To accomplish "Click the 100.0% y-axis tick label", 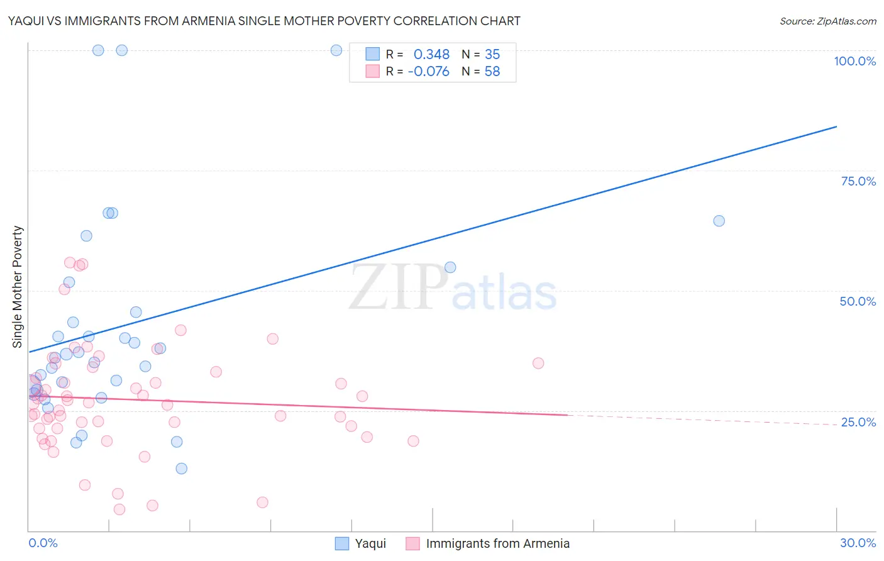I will click(x=854, y=61).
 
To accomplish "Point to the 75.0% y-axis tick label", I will click(x=858, y=181).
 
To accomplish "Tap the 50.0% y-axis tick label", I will click(x=858, y=301).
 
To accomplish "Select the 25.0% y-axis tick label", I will click(x=858, y=422).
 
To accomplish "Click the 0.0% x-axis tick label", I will click(x=43, y=543).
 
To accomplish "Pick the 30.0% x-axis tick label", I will click(x=858, y=543).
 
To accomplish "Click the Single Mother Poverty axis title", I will click(x=18, y=287).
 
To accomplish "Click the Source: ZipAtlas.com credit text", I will click(x=827, y=21).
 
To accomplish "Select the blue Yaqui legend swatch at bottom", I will click(x=342, y=543).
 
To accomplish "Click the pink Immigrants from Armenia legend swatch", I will click(x=412, y=543).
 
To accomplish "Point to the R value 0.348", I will click(x=431, y=54).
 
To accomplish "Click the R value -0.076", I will click(x=428, y=72).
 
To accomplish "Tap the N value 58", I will click(x=492, y=72).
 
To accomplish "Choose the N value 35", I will click(x=492, y=54).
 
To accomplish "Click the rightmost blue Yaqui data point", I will click(x=719, y=221).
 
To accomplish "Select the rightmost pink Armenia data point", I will click(x=538, y=363).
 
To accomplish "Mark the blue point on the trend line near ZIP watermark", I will click(x=450, y=267).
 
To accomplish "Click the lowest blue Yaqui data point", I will click(x=182, y=469).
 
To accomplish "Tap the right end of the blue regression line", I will click(x=836, y=126).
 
